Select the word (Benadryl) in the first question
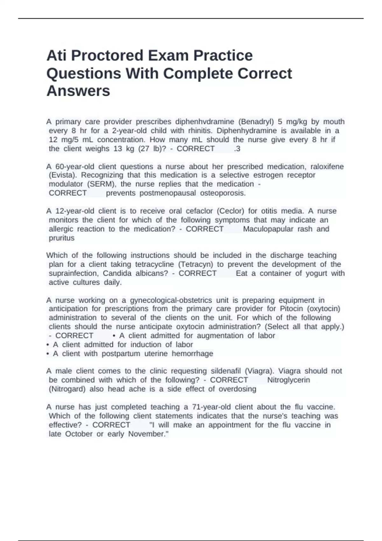256,122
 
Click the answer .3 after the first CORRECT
237,149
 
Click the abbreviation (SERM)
102,184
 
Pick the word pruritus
61,238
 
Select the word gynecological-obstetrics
171,300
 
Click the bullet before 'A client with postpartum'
48,354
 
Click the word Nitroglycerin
288,380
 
